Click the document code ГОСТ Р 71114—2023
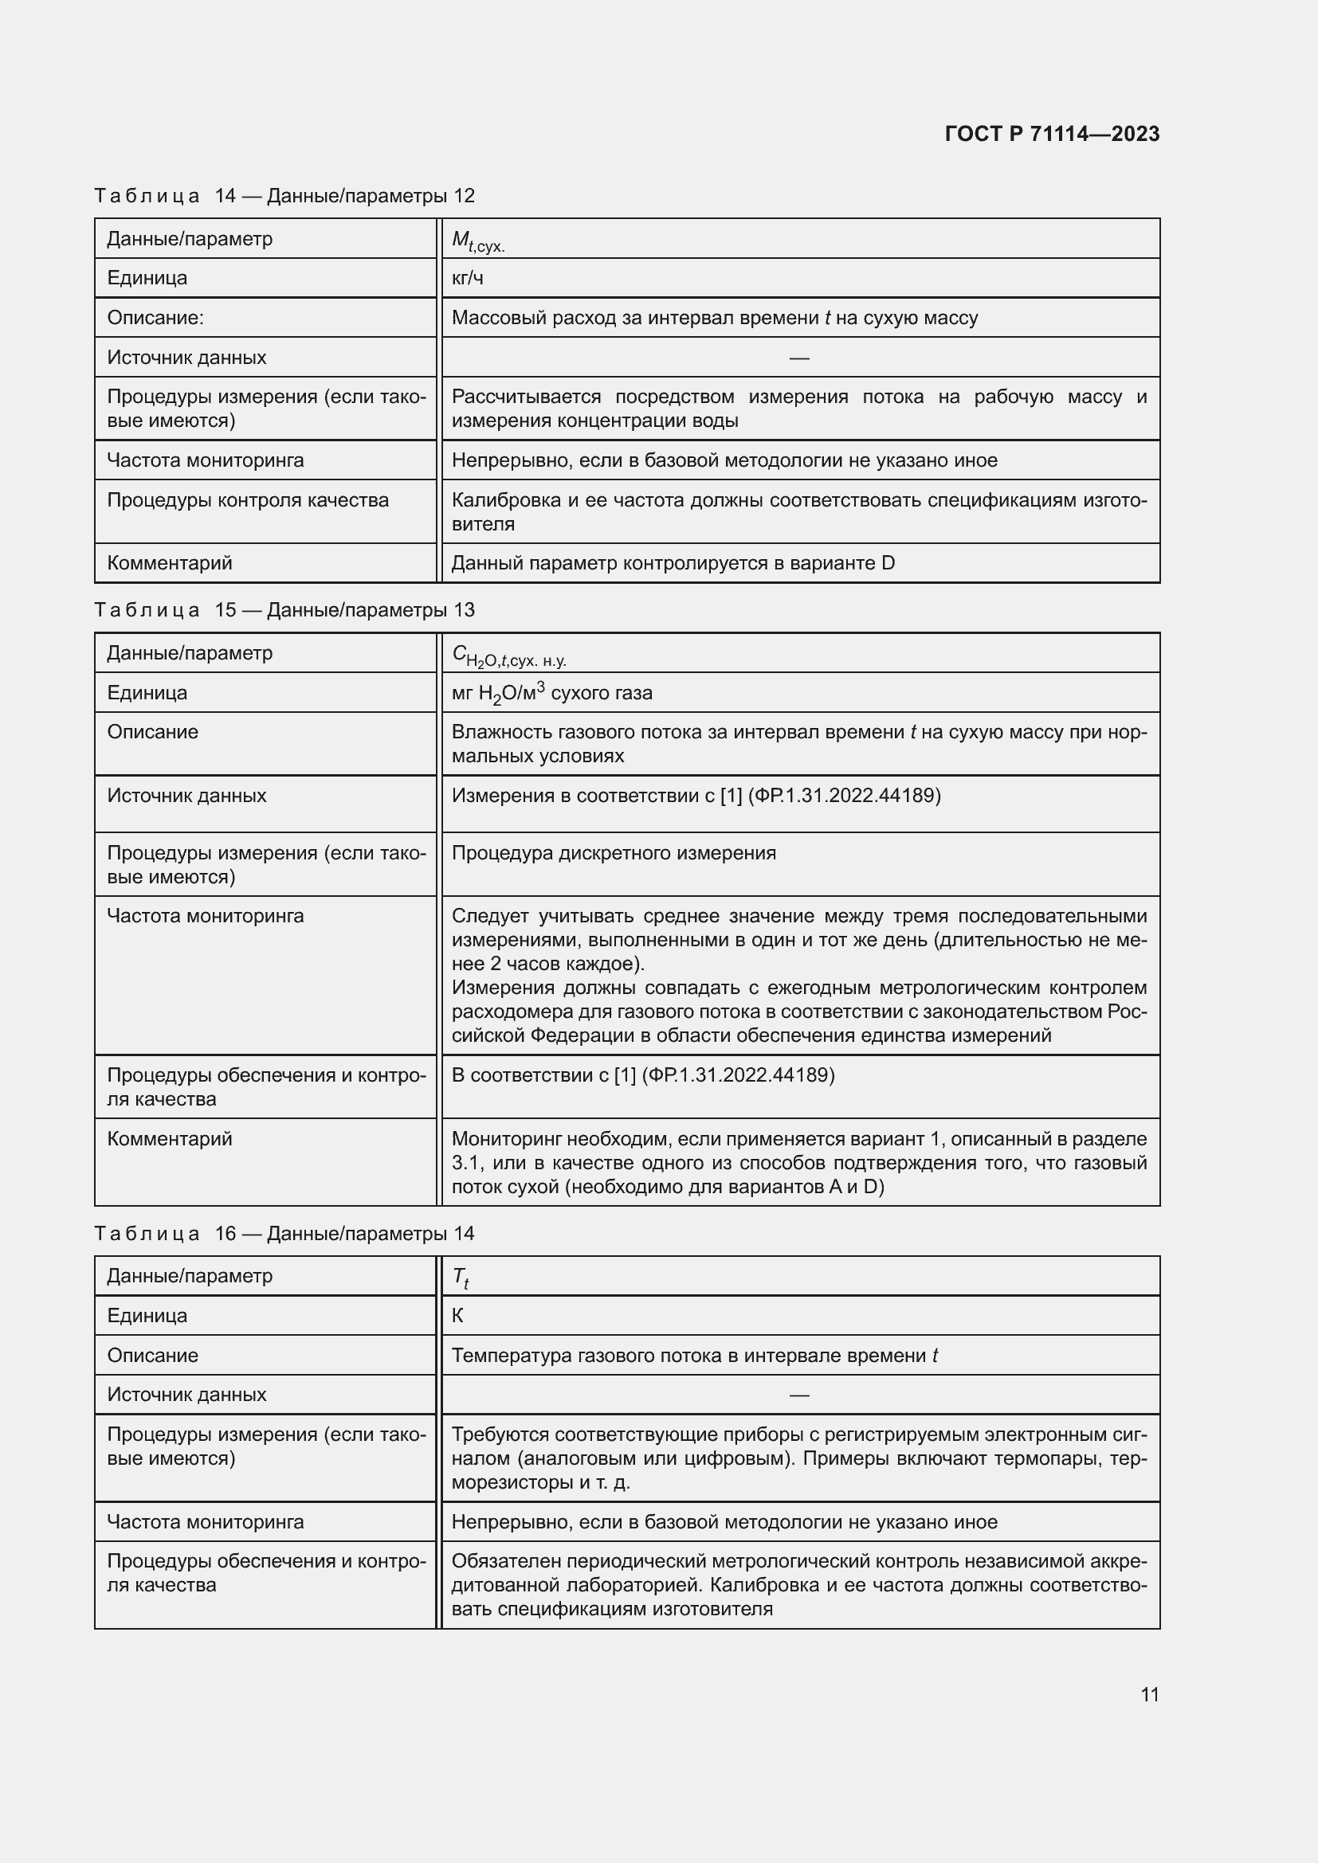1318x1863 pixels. tap(1052, 134)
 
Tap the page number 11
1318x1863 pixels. tap(1149, 1694)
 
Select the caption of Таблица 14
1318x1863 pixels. tap(284, 196)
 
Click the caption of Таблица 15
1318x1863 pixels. tap(284, 610)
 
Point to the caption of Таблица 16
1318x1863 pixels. tap(284, 1233)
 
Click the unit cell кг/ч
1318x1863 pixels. tap(468, 278)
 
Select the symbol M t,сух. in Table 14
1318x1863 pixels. tap(478, 241)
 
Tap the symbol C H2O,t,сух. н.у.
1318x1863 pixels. tap(509, 655)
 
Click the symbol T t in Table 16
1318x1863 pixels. tap(460, 1277)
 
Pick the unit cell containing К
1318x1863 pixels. tap(457, 1315)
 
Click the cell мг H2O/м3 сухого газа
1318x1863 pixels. tap(552, 693)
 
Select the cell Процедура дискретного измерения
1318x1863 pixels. tap(614, 853)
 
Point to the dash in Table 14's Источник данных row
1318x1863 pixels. tap(798, 358)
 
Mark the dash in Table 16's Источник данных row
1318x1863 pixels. tap(798, 1395)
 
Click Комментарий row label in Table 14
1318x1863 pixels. tap(170, 563)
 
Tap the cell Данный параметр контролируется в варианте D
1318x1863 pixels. tap(673, 563)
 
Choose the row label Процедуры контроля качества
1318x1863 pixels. tap(248, 500)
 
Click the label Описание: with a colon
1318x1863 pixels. tap(155, 318)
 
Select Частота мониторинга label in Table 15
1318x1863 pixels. tap(206, 916)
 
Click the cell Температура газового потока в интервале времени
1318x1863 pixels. tap(694, 1355)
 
